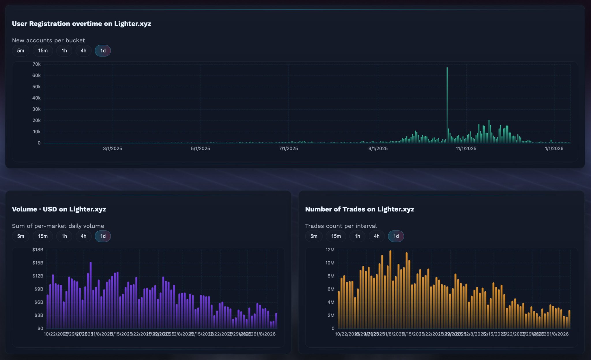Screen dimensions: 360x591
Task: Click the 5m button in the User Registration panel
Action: [20, 51]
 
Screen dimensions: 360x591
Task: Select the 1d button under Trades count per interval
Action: [396, 236]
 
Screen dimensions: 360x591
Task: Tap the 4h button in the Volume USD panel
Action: [83, 236]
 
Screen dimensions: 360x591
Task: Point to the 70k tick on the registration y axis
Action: [36, 64]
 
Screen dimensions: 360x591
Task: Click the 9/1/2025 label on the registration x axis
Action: [378, 149]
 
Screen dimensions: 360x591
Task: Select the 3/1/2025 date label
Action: [113, 149]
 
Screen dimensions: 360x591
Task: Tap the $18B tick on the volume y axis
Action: [38, 250]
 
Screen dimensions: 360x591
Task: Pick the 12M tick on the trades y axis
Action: [330, 250]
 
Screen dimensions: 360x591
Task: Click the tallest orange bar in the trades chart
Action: [390, 288]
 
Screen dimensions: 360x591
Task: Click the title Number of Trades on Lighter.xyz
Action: [360, 209]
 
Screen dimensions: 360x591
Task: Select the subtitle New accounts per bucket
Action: [48, 40]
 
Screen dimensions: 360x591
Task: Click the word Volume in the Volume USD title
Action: [24, 209]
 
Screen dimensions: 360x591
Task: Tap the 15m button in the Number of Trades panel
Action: [336, 236]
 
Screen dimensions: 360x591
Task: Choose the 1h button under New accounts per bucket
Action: [64, 51]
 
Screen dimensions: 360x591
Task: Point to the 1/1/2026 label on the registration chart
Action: [554, 149]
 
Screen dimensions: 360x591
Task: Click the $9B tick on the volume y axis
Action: [39, 289]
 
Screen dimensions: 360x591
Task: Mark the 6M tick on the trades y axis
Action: [331, 289]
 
